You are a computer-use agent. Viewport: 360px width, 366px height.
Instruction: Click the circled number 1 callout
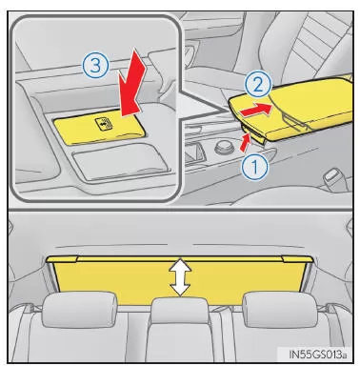pos(255,167)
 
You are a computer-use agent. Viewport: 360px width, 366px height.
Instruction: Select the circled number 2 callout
pos(258,85)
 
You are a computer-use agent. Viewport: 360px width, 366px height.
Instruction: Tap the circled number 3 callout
pos(95,66)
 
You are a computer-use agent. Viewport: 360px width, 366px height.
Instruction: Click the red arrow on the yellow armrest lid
pos(256,110)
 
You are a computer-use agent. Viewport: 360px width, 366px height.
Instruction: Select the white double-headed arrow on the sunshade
pos(180,277)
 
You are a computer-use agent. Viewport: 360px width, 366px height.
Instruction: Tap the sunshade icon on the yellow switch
pos(105,124)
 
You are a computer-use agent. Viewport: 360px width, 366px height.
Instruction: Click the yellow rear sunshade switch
pos(98,130)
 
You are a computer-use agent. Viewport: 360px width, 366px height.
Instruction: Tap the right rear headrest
pos(279,310)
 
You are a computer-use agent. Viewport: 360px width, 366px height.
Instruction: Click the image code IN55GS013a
pos(317,355)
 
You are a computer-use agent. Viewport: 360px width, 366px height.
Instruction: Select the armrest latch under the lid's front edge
pos(254,134)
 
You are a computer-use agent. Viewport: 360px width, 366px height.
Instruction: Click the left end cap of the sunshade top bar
pos(62,258)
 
